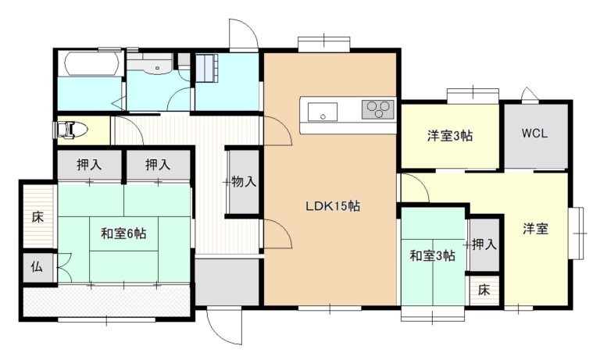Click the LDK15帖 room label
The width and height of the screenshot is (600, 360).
click(x=333, y=207)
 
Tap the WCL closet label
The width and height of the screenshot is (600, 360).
click(x=535, y=134)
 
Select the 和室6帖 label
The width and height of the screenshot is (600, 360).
click(x=123, y=233)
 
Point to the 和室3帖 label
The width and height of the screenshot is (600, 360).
click(x=433, y=255)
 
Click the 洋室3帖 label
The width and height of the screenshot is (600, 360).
click(x=450, y=136)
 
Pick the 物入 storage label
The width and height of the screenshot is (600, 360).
click(x=244, y=182)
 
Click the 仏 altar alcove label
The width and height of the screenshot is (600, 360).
click(x=37, y=266)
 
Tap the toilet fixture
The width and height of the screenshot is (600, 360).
click(x=70, y=130)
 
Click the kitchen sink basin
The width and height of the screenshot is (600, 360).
click(x=323, y=112)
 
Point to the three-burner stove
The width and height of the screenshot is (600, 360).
click(x=378, y=109)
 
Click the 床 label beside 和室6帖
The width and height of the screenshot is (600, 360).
click(x=37, y=217)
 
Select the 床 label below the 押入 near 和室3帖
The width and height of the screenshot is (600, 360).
click(x=484, y=290)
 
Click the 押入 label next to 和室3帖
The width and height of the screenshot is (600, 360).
click(x=484, y=244)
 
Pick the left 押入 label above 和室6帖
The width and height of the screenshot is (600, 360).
click(x=89, y=165)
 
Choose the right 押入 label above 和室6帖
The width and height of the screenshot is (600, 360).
click(x=158, y=165)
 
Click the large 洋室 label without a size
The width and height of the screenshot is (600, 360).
click(x=536, y=229)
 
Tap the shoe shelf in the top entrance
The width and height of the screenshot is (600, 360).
click(x=206, y=68)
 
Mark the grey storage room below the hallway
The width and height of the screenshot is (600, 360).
click(x=227, y=282)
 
